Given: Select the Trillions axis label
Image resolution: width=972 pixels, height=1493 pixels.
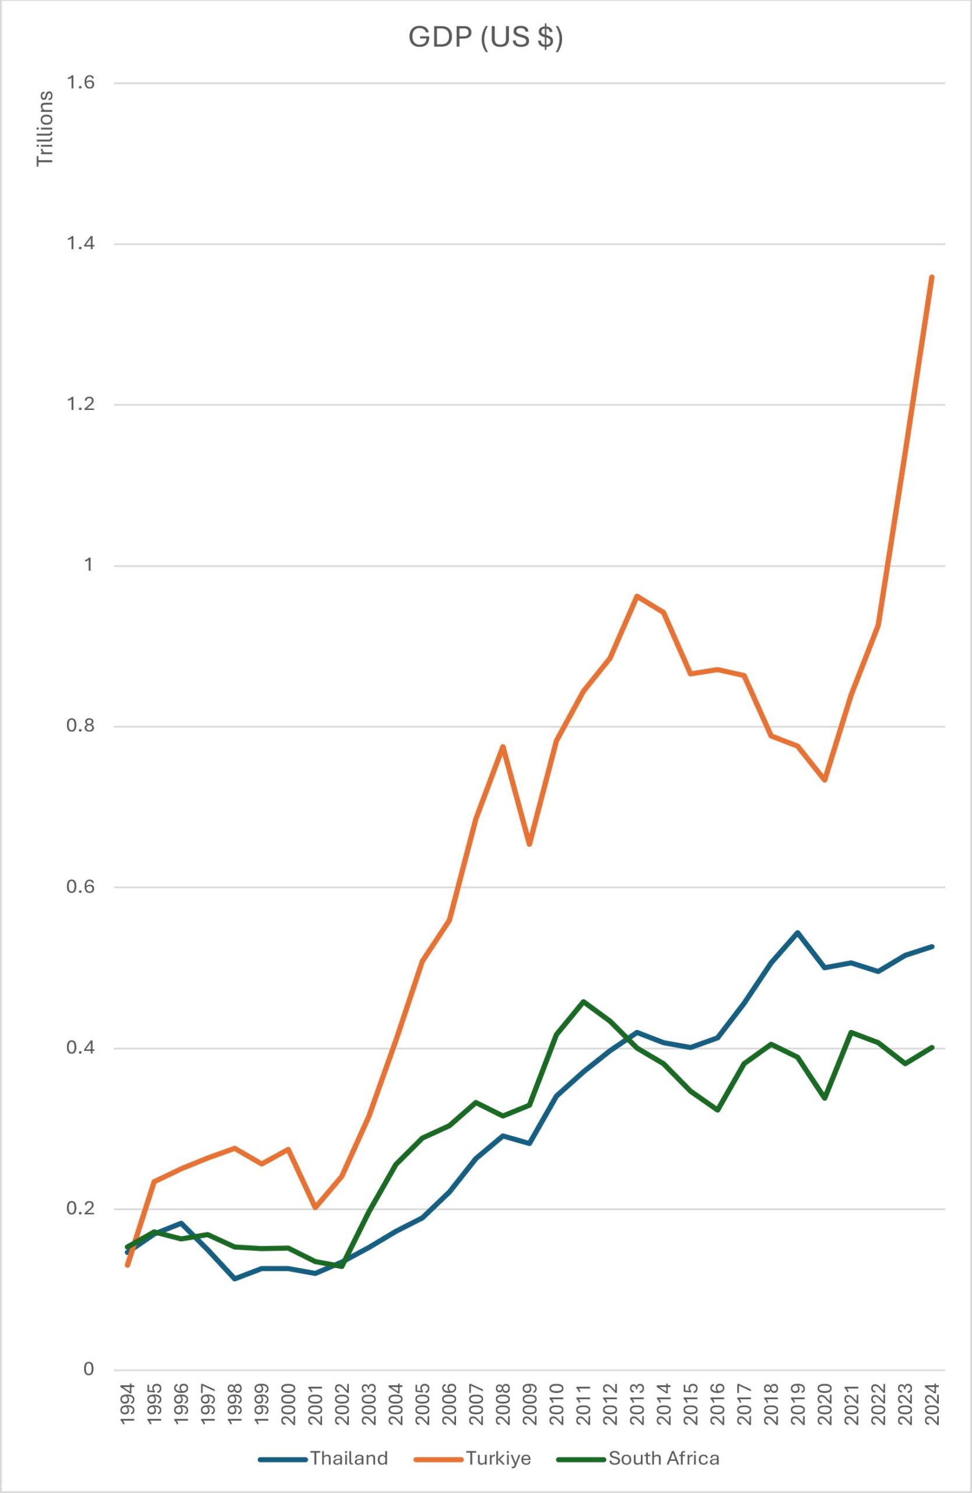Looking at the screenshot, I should pos(45,129).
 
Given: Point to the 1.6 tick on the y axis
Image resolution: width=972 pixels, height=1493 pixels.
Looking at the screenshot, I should pos(80,83).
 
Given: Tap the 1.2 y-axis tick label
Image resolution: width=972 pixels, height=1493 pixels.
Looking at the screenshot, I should pos(80,405).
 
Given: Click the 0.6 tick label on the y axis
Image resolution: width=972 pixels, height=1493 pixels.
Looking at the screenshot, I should pos(80,887).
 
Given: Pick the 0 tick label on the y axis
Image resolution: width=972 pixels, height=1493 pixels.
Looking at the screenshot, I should pos(88,1369).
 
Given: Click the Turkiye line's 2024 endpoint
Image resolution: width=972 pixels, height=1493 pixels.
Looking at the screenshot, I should pos(932,276).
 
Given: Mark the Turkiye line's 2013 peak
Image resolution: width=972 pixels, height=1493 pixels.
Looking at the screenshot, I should pos(637,595).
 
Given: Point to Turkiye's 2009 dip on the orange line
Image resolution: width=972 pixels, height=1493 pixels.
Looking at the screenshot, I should pos(530,844).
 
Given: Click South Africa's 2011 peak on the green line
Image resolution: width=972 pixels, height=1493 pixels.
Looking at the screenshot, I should pos(583,1002).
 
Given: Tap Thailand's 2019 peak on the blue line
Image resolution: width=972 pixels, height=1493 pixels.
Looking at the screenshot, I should pos(798,933).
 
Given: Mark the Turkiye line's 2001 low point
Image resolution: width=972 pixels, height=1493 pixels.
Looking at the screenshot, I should pos(315,1208).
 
